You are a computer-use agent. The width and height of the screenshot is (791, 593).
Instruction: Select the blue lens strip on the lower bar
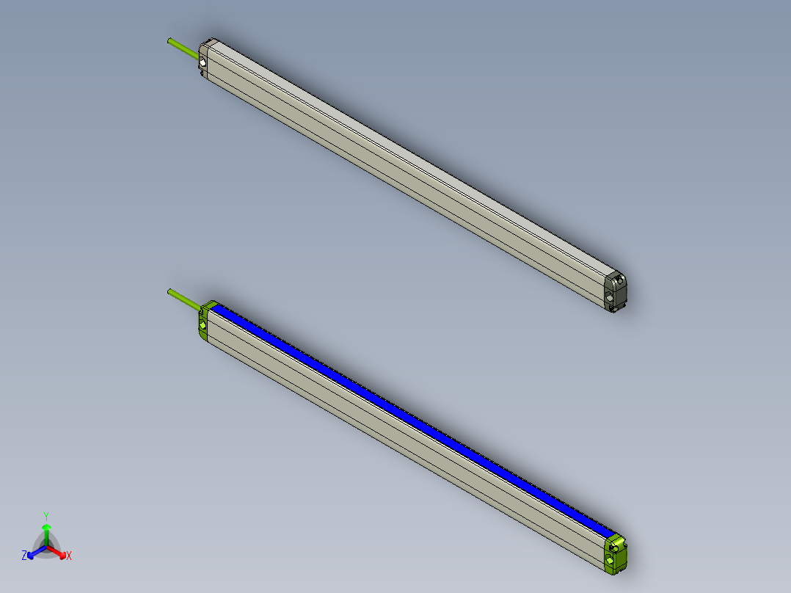[x=411, y=418]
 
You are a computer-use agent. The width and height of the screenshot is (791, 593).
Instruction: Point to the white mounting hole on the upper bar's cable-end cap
[x=203, y=63]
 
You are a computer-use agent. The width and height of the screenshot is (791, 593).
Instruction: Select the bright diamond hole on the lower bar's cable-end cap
[x=203, y=325]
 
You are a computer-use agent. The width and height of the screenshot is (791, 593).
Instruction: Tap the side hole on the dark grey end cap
[x=610, y=297]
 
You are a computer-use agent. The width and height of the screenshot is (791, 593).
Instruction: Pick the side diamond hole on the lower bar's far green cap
[x=610, y=560]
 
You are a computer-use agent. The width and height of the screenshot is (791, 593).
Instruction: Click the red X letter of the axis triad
[x=69, y=556]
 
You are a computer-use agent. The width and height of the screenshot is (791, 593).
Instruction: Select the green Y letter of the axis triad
[x=46, y=516]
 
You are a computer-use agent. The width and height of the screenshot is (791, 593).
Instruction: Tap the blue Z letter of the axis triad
[x=24, y=556]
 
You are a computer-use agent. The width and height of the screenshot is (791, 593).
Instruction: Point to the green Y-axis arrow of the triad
[x=46, y=532]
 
